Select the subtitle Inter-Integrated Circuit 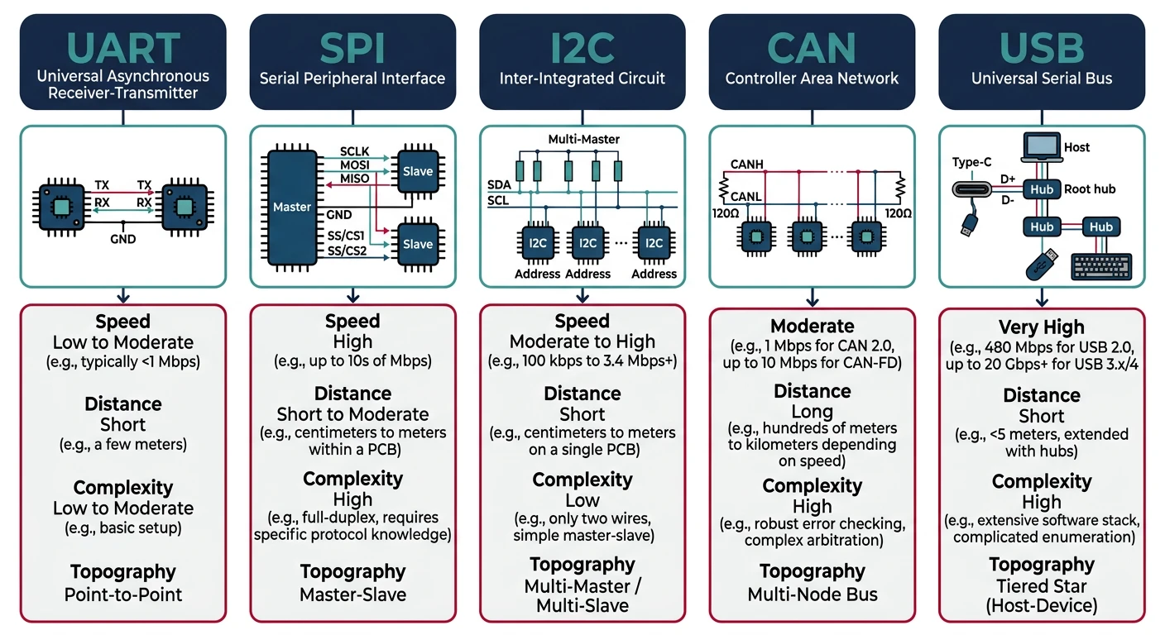click(x=582, y=79)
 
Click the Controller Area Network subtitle click(x=812, y=79)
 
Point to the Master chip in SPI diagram click(x=291, y=207)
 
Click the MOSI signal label click(x=354, y=166)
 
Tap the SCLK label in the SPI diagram click(x=354, y=152)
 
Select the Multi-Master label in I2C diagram click(x=583, y=140)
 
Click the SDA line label click(x=499, y=185)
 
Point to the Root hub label click(x=1090, y=189)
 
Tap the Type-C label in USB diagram click(x=971, y=163)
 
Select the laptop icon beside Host click(x=1040, y=148)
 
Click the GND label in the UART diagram click(x=122, y=239)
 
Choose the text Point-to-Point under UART click(x=122, y=594)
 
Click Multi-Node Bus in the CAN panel click(x=812, y=594)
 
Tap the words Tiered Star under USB click(x=1042, y=586)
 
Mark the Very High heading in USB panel click(x=1042, y=327)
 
